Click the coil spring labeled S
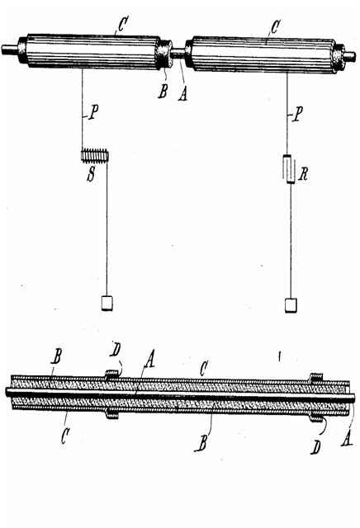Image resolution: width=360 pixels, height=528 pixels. (x=95, y=156)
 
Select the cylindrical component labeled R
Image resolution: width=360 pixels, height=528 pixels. (x=290, y=169)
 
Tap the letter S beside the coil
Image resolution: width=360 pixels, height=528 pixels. (x=91, y=174)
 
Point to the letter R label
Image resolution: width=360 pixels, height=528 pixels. (x=303, y=174)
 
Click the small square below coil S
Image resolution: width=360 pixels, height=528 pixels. (x=107, y=303)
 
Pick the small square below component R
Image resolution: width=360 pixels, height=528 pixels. (x=291, y=305)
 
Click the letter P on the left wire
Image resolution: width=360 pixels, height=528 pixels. (x=93, y=113)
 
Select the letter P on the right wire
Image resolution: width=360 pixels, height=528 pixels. (x=298, y=115)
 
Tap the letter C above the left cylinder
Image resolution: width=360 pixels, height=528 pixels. (x=122, y=24)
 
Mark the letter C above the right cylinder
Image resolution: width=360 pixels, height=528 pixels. (x=275, y=26)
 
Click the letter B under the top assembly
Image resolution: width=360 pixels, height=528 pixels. (x=163, y=91)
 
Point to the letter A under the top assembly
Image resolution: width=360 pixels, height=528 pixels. (x=182, y=93)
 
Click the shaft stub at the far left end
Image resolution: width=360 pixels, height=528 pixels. (x=10, y=49)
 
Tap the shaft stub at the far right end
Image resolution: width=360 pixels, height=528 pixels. (x=349, y=56)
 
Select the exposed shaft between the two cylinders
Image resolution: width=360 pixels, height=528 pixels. (x=178, y=52)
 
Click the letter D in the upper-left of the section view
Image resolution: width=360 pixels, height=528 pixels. (x=116, y=350)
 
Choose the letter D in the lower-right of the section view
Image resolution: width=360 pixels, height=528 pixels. (x=316, y=447)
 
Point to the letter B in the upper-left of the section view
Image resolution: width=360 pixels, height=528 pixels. (x=56, y=356)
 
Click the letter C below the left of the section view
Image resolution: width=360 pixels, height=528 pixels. (x=65, y=436)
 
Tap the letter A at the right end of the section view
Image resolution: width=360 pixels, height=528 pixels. (x=347, y=440)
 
